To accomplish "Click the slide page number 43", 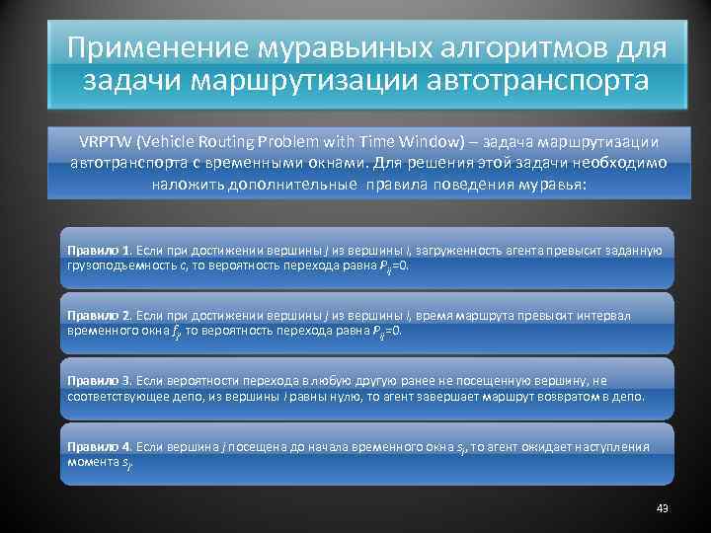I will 662,507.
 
